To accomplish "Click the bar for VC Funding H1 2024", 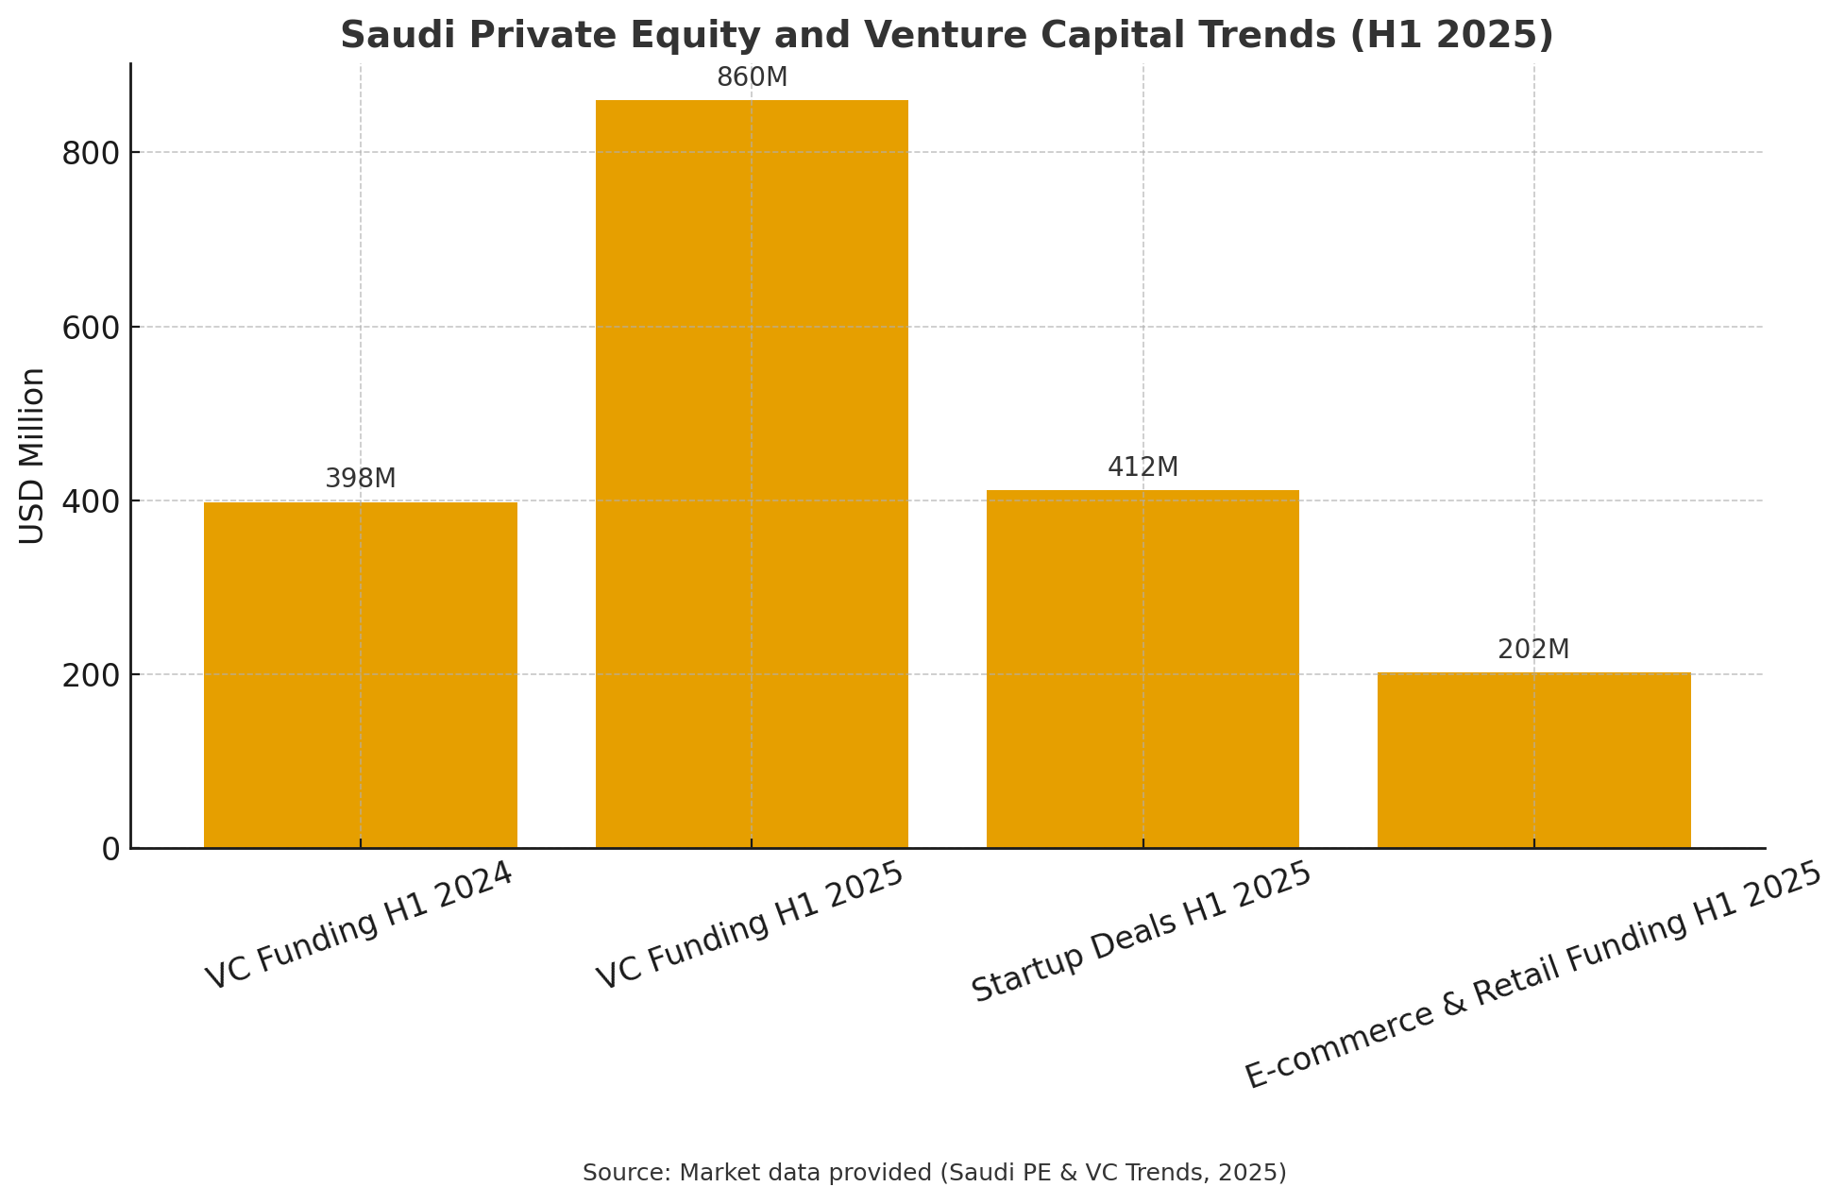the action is (x=361, y=675).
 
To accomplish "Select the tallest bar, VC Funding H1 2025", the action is (x=752, y=474).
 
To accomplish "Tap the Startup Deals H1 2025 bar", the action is (x=1143, y=669).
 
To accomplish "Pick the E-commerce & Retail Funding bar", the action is (x=1534, y=760).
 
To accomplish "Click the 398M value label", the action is (x=361, y=479).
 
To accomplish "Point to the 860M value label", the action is (x=752, y=77).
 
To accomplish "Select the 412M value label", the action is (x=1143, y=467).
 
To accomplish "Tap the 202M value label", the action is (x=1534, y=650).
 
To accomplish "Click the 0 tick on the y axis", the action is (x=111, y=849).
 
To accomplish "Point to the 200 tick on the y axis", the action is (x=92, y=675).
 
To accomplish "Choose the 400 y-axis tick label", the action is (x=92, y=501).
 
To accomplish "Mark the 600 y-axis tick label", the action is (x=92, y=328).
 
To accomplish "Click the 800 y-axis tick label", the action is (x=92, y=153).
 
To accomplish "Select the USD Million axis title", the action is (x=32, y=456).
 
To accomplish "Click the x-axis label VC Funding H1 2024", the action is (x=360, y=926).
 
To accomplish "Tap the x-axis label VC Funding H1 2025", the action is (x=752, y=926).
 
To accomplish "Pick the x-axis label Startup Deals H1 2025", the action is (x=1143, y=932).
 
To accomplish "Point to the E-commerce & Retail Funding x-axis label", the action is (x=1533, y=975).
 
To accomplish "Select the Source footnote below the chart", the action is (x=935, y=1173).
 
